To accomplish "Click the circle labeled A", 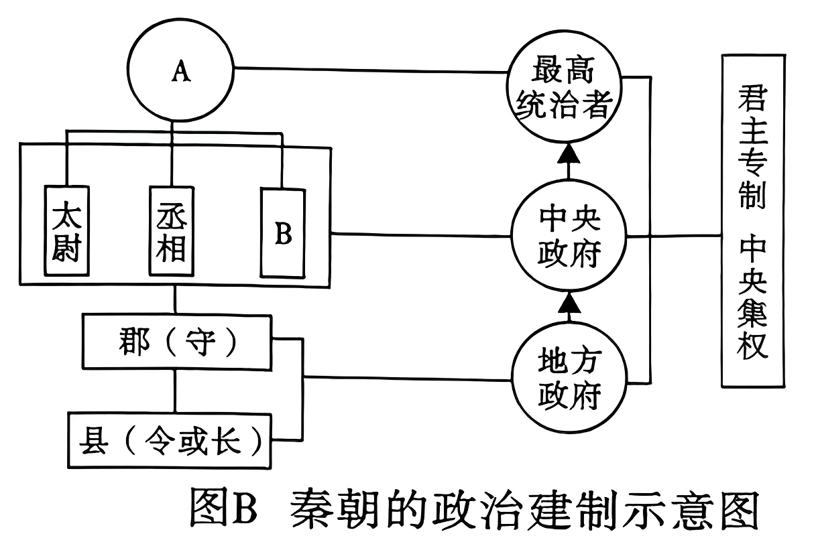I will [x=179, y=72].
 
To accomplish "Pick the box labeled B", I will [x=282, y=234].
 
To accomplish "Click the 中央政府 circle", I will [x=569, y=235].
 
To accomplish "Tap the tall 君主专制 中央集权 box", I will [x=753, y=221].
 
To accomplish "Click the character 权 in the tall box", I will [x=753, y=346].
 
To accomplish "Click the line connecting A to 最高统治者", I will [x=369, y=69].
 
